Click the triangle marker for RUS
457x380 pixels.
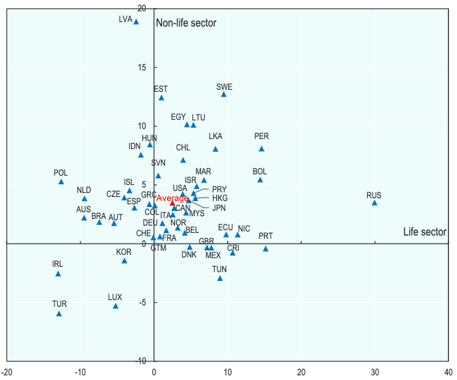[375, 202]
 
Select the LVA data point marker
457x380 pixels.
[136, 21]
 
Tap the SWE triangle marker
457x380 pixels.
[224, 95]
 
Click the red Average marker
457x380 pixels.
[172, 202]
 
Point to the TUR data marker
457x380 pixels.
[59, 313]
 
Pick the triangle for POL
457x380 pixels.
[61, 182]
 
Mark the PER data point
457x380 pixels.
[261, 148]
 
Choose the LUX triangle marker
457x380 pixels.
[116, 306]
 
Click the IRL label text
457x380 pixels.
[58, 264]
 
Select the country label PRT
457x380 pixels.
[265, 236]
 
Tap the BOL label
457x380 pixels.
[259, 172]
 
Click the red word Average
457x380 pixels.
[172, 198]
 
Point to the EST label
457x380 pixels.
[160, 89]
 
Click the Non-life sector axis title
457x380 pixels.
[186, 23]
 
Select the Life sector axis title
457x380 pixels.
[424, 232]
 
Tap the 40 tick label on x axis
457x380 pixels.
[448, 371]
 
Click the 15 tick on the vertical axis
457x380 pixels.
[141, 67]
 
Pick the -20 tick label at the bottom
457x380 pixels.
[7, 371]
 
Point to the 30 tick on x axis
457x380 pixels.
[375, 371]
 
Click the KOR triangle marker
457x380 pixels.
[124, 261]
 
